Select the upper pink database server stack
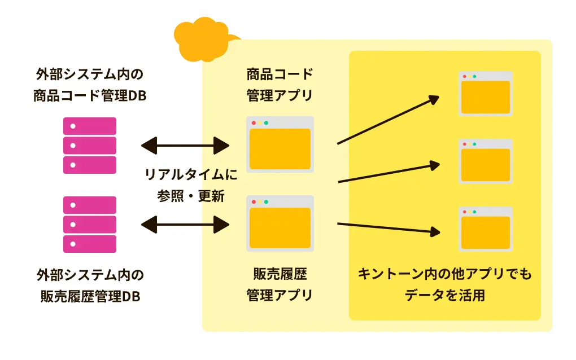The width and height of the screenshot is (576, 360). [x=90, y=145]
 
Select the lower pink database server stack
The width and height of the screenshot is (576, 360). [x=90, y=224]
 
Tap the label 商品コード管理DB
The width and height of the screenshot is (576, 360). [x=90, y=96]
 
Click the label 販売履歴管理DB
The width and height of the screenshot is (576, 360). [x=90, y=296]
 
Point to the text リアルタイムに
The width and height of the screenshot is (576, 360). [x=191, y=174]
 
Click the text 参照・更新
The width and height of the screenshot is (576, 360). [x=191, y=196]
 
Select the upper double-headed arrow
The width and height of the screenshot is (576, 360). [x=185, y=146]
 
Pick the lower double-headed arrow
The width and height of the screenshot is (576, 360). [x=185, y=225]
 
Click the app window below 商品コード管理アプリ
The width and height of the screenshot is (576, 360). [x=280, y=144]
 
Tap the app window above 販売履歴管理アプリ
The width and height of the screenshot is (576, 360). [x=280, y=223]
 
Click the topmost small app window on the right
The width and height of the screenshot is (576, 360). [x=485, y=94]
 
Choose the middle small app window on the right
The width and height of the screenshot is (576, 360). [x=485, y=161]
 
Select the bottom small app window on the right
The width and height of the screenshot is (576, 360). [x=485, y=229]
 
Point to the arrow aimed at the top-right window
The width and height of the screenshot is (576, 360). [x=388, y=120]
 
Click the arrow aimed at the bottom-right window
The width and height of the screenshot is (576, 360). [x=388, y=228]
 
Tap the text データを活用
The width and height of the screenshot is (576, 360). [x=444, y=296]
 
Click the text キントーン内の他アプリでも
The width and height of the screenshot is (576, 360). [x=444, y=275]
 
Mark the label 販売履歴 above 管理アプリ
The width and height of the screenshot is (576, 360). [x=280, y=275]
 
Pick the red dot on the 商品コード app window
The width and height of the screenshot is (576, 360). [x=254, y=123]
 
